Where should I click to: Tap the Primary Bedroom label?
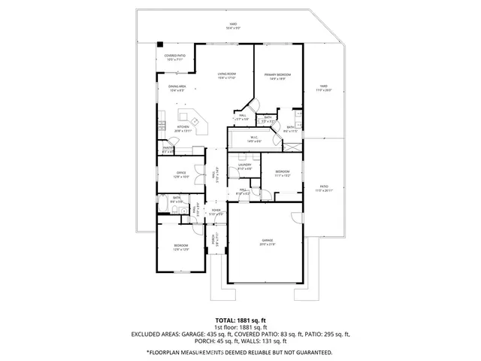[277, 75]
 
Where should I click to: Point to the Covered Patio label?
[175, 56]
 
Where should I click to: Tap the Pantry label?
[168, 149]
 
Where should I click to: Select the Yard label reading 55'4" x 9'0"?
[233, 26]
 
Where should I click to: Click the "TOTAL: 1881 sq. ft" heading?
[240, 320]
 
